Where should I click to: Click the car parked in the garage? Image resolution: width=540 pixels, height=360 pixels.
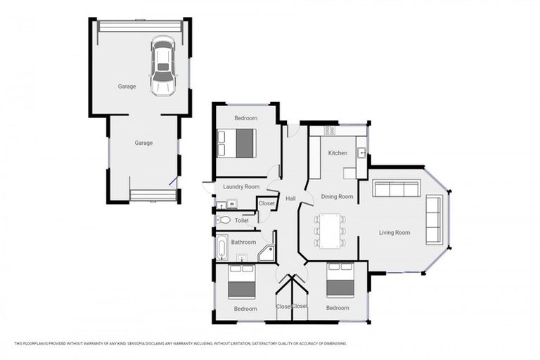[162, 66]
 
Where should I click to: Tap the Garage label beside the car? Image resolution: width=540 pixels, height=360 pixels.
[127, 86]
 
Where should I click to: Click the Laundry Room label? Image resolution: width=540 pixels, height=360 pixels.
[241, 187]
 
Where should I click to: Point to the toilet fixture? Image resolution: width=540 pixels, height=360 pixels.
[224, 220]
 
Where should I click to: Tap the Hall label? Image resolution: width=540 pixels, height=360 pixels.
[290, 199]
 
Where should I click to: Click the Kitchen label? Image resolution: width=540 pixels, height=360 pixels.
[337, 153]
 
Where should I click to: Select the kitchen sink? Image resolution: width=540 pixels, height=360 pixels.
[361, 152]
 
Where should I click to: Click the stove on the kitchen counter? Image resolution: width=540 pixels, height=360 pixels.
[330, 131]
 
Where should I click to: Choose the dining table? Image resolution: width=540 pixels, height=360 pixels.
[330, 230]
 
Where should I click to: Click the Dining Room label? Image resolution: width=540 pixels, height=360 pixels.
[337, 197]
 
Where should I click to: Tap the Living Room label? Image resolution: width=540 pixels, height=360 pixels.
[394, 233]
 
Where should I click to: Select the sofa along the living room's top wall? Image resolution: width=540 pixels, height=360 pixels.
[397, 188]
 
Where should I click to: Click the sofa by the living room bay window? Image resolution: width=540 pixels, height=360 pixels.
[434, 219]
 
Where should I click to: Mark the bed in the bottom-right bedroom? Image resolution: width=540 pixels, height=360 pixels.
[340, 281]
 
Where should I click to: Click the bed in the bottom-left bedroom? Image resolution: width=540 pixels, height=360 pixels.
[241, 281]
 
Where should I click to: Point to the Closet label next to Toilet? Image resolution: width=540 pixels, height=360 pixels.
[266, 203]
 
